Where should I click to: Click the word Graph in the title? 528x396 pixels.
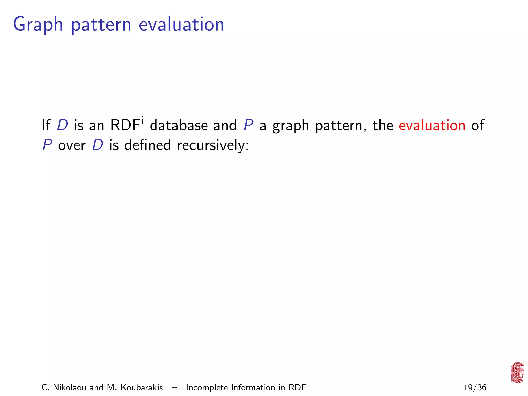coord(38,25)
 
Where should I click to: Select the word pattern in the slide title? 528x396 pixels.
coord(101,25)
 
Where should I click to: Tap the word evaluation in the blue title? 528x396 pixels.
coord(181,24)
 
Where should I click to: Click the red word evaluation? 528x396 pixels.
coord(432,126)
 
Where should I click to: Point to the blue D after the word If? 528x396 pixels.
coord(62,126)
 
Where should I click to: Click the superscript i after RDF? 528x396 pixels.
coord(142,120)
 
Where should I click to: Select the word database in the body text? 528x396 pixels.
coord(179,126)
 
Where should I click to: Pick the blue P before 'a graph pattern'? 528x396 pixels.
coord(248,126)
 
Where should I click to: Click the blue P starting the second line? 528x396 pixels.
coord(47,145)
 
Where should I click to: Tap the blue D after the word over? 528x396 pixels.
coord(98,145)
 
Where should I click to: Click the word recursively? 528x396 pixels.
coord(213,145)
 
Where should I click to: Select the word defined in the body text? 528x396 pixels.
coord(147,145)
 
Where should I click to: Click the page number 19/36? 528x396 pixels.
coord(475,387)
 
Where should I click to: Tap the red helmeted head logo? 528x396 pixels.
coord(517,373)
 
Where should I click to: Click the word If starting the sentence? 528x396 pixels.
coord(46,126)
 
